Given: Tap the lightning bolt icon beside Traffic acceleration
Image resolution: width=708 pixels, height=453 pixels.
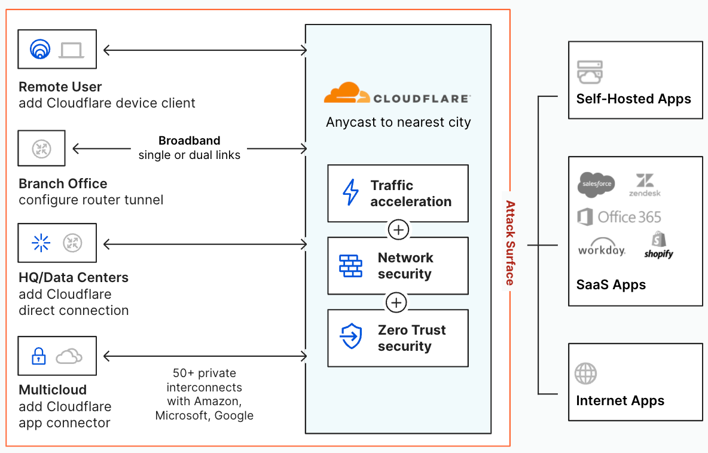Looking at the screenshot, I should pyautogui.click(x=350, y=193).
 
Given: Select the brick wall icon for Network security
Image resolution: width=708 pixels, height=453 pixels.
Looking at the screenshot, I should pyautogui.click(x=350, y=266).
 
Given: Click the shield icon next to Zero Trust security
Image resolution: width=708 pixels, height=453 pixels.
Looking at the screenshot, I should pyautogui.click(x=350, y=338).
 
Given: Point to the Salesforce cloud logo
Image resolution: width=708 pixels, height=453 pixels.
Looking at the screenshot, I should pyautogui.click(x=596, y=183).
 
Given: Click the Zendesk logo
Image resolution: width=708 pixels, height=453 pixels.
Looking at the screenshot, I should pyautogui.click(x=645, y=185).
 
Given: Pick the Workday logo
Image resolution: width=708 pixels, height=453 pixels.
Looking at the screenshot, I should pyautogui.click(x=602, y=249).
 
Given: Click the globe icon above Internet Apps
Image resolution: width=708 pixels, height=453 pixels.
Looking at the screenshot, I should pyautogui.click(x=585, y=374).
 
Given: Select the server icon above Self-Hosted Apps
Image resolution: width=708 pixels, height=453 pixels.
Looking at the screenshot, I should pyautogui.click(x=590, y=72).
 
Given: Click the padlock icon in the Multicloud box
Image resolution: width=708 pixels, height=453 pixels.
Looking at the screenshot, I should pyautogui.click(x=39, y=357).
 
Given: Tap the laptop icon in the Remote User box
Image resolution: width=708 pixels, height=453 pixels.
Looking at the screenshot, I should pyautogui.click(x=72, y=50).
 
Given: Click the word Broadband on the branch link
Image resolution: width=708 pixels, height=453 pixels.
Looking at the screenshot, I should pyautogui.click(x=189, y=141).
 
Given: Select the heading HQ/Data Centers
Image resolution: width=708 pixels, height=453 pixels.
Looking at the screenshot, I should pyautogui.click(x=74, y=277).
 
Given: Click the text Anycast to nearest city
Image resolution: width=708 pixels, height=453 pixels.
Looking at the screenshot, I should pyautogui.click(x=398, y=123).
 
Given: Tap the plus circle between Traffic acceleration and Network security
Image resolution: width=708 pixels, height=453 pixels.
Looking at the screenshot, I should pyautogui.click(x=398, y=229).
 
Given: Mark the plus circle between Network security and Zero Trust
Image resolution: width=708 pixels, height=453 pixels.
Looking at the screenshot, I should pyautogui.click(x=396, y=302).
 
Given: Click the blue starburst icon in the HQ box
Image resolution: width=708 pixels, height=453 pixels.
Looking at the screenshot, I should pyautogui.click(x=41, y=243).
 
